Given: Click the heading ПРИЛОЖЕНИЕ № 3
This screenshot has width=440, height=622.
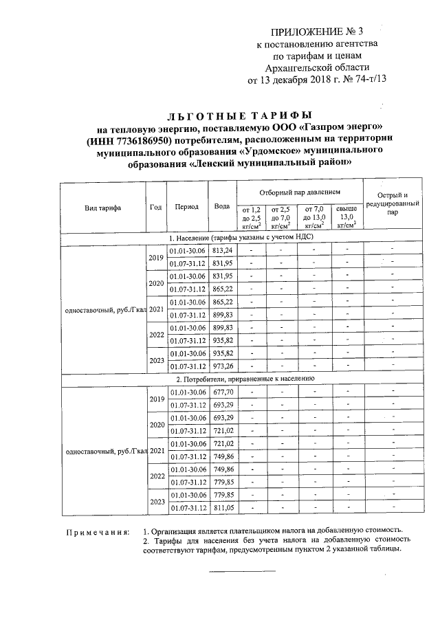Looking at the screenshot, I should pos(317,32).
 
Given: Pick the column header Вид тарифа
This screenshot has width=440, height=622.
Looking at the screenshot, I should pos(103,207).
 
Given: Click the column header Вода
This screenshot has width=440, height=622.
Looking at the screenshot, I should pos(222,207).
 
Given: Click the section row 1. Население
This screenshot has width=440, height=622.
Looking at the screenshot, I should pos(241,236).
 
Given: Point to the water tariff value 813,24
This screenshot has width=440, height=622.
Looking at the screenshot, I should pos(223,250).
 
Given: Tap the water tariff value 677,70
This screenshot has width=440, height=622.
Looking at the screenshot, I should pos(223,392).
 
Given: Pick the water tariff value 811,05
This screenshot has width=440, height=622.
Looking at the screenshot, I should pos(223,508).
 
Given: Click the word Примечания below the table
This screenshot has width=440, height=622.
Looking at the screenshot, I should pos(97,531).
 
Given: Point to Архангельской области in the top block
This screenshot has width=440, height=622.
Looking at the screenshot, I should pos(317,67).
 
